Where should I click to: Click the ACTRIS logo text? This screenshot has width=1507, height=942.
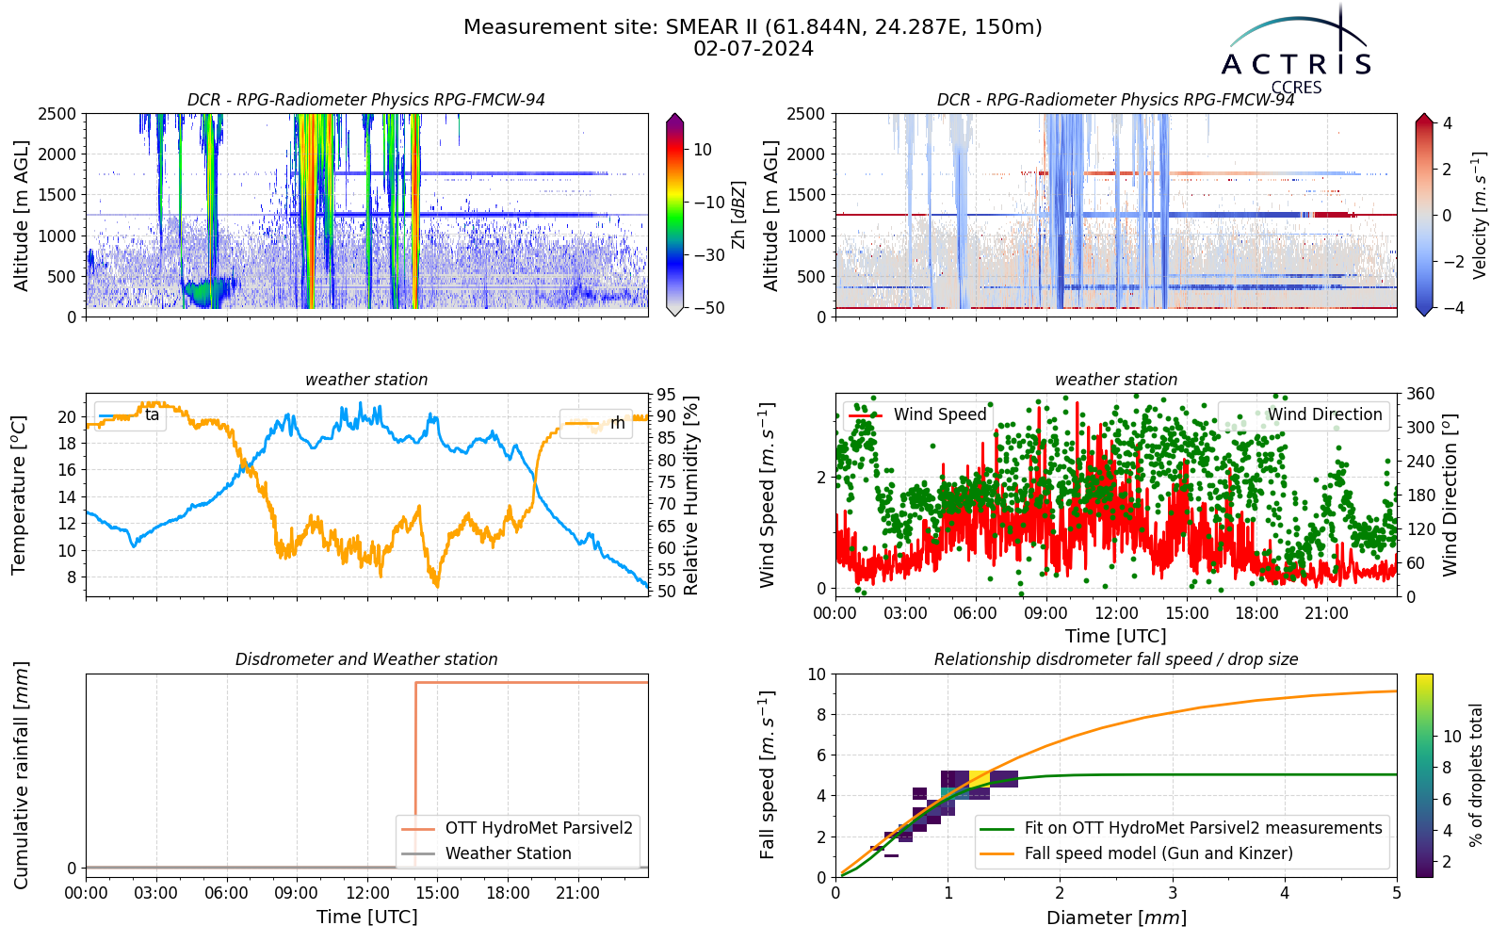[x=1296, y=65]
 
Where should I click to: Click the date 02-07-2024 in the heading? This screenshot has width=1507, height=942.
[x=753, y=49]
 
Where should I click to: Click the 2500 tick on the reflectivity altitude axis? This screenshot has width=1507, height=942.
[x=57, y=114]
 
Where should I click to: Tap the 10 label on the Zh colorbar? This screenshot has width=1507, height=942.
[x=703, y=150]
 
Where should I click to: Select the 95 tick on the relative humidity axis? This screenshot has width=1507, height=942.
[x=666, y=395]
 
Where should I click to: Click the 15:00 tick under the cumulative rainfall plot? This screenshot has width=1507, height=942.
[x=437, y=893]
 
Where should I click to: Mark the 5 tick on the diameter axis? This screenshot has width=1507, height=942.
[x=1398, y=893]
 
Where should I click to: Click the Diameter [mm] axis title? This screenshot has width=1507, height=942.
[x=1116, y=918]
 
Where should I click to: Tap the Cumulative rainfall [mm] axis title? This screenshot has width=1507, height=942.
[x=21, y=775]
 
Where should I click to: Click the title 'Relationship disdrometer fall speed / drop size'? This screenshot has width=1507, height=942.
[x=1116, y=659]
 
